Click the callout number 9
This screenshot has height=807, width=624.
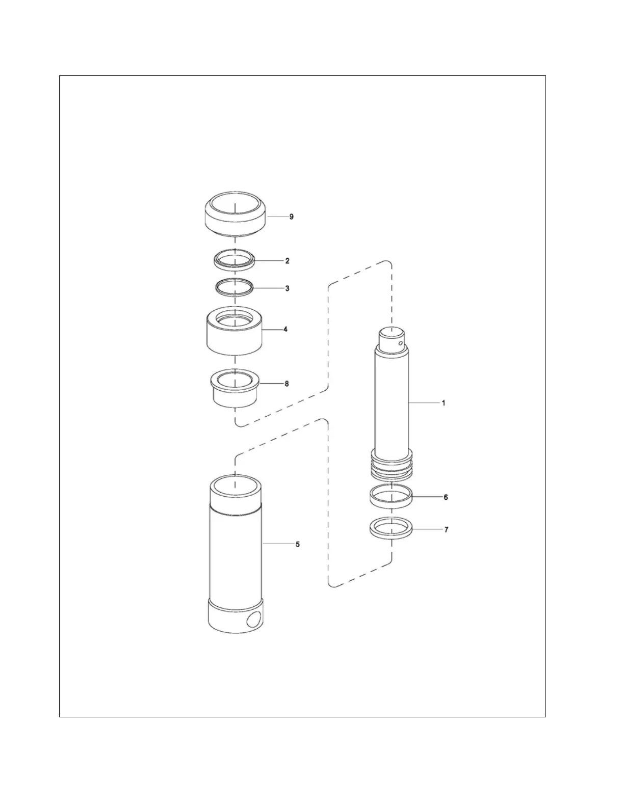coord(291,217)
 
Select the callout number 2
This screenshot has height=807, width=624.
coord(287,261)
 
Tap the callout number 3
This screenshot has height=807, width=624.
coord(287,288)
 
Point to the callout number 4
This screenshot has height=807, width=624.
coord(285,330)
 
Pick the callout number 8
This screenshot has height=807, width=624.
coord(287,384)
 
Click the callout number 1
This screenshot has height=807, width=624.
coord(444,403)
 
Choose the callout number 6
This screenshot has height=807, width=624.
coord(446,497)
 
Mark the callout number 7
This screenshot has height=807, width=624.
coord(446,530)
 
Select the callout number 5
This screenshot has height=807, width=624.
coord(298,545)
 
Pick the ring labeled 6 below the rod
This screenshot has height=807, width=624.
coord(391,497)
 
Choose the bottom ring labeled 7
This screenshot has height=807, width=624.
coord(391,529)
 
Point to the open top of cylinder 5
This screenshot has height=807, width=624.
coord(235,484)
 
